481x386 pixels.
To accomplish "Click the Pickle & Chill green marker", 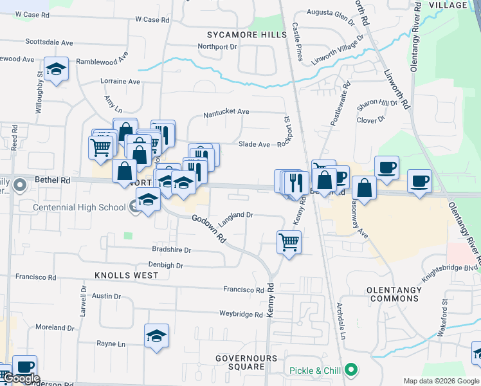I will (350, 370).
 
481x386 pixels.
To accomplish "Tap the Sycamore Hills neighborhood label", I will (246, 34).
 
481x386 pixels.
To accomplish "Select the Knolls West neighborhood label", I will (126, 275).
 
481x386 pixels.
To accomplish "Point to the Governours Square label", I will (246, 362).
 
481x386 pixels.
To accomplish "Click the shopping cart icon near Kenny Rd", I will (289, 243).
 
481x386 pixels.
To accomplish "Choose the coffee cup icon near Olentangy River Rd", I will (419, 180).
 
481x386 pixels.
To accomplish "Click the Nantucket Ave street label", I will (226, 112).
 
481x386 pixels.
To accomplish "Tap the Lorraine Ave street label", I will (120, 82).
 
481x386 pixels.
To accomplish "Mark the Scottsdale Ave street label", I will (49, 42).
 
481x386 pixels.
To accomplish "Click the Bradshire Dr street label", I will (171, 250).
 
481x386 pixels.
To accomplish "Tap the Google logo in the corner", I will (21, 378).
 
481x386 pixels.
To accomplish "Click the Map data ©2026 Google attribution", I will (441, 381).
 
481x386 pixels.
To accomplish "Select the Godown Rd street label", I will (210, 228).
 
